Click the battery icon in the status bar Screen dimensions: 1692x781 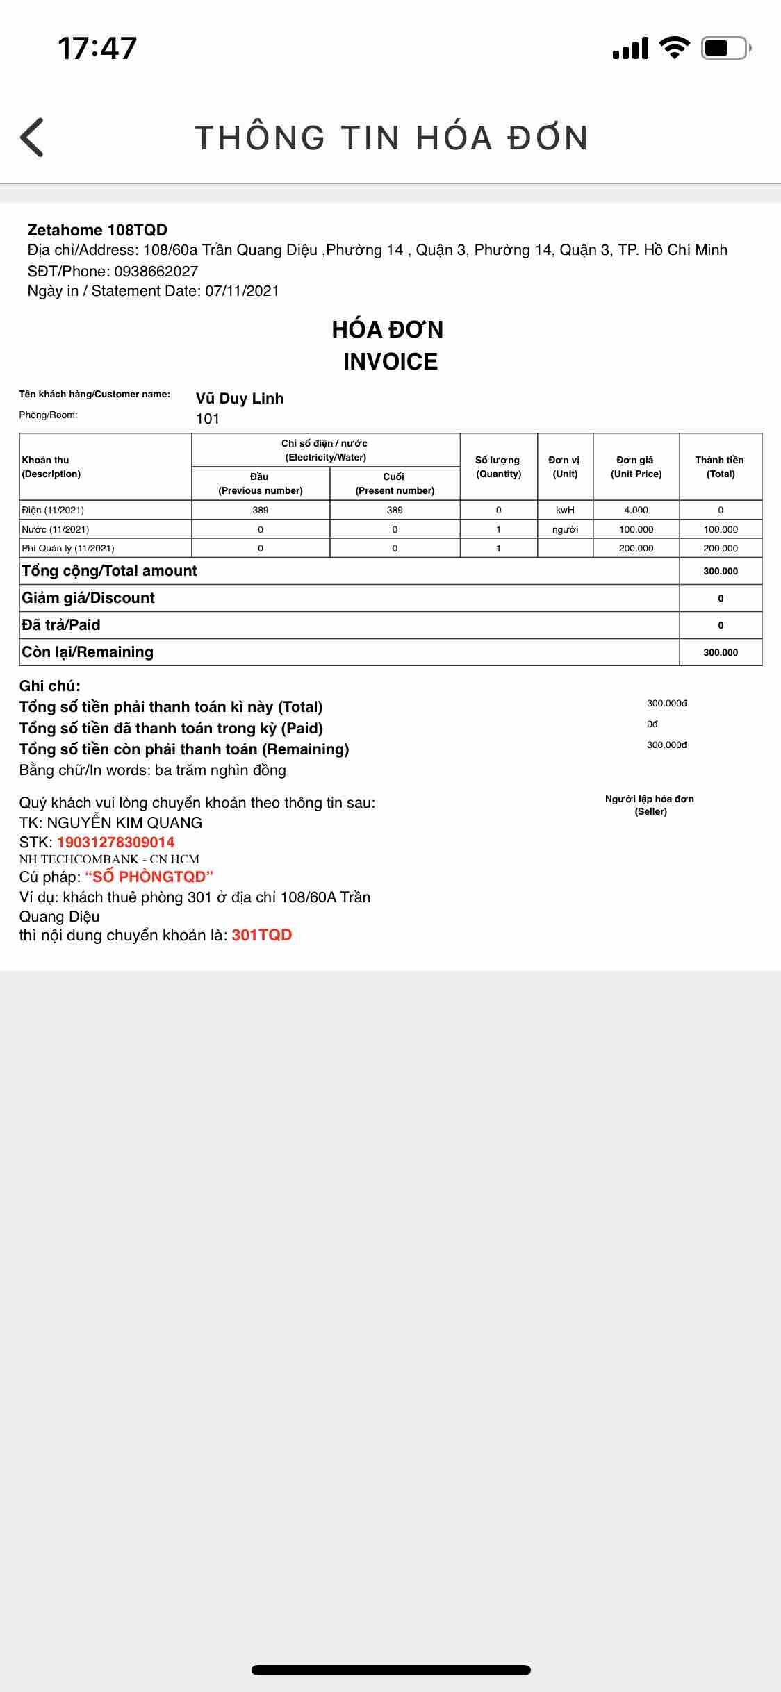tap(725, 48)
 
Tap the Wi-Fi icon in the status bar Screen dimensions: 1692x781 tap(673, 47)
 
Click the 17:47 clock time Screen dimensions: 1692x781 tap(97, 48)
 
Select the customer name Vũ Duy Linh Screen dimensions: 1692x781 tap(240, 398)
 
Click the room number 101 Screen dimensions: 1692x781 tap(208, 418)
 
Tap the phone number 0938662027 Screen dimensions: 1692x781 tap(156, 271)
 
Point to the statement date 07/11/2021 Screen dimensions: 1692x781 tap(242, 290)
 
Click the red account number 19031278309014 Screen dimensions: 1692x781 tap(115, 842)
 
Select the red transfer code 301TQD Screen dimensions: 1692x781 tap(261, 935)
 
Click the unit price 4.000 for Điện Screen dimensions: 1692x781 tap(636, 510)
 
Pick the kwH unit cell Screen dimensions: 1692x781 tap(565, 510)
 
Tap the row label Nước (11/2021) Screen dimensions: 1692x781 tap(56, 529)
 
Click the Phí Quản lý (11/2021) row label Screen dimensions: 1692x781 tap(68, 548)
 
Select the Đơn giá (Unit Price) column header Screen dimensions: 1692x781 tap(636, 467)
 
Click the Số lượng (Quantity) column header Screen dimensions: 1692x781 tap(498, 467)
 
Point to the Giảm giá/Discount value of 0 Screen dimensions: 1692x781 tap(721, 598)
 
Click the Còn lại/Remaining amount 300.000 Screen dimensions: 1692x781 tap(721, 652)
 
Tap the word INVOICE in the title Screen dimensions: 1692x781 tap(390, 361)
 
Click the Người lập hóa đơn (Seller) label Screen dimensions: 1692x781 tap(650, 805)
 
